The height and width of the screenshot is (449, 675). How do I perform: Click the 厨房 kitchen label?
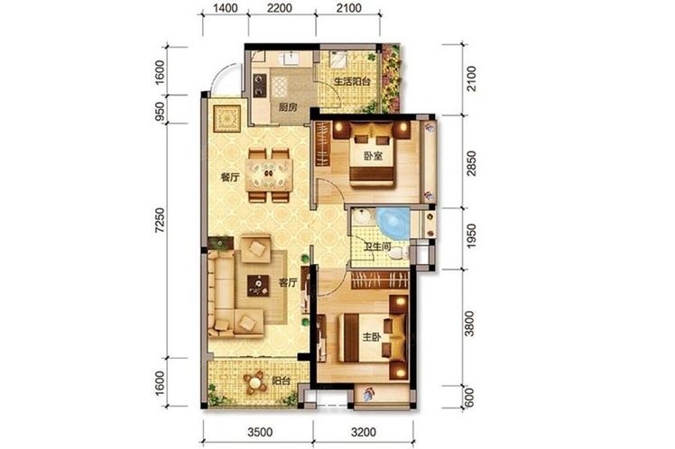288,107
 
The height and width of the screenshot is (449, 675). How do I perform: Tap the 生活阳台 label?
352,81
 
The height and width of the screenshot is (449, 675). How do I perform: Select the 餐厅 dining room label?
229,178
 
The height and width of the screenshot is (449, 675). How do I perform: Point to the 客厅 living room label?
288,282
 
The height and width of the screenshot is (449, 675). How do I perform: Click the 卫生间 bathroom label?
377,247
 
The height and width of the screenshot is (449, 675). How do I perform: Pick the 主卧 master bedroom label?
372,337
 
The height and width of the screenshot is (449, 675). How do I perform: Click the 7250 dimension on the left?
160,221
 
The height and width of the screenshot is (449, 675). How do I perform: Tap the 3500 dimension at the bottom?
260,432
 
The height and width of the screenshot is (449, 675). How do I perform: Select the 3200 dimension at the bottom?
364,432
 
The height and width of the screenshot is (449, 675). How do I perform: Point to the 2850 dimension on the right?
472,163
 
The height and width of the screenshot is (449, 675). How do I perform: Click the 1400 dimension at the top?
225,8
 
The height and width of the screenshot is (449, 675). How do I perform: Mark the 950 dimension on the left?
160,111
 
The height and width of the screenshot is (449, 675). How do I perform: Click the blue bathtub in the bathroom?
393,223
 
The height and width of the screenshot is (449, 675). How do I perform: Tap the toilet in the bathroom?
399,253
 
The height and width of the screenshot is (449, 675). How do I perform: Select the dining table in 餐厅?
269,175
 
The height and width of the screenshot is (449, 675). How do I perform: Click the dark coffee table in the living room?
258,286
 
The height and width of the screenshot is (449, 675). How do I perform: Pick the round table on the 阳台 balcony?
255,382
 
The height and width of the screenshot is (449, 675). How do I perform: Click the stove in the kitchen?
260,85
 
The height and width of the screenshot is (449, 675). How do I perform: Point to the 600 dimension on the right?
469,398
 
